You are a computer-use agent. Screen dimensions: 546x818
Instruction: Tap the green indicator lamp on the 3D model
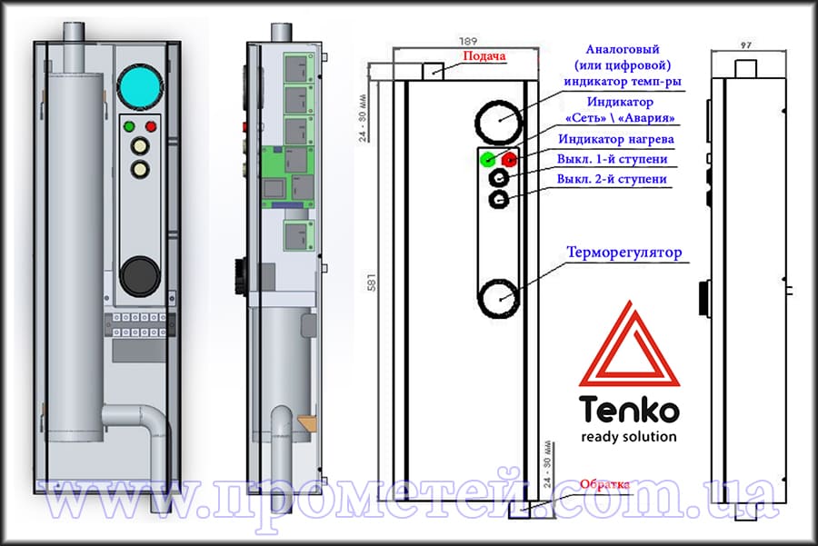click(x=130, y=126)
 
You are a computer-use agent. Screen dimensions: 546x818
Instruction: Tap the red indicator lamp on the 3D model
click(x=151, y=126)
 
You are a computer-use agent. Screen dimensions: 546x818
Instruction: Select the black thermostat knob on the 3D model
click(x=140, y=275)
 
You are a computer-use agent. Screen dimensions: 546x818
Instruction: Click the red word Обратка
click(x=604, y=484)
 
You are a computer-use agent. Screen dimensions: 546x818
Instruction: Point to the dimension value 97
click(x=747, y=44)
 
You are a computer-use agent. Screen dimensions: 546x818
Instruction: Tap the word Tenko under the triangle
click(x=628, y=410)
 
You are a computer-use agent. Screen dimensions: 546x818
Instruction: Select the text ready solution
click(x=628, y=436)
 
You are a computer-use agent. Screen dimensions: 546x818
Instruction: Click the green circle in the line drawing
click(x=486, y=160)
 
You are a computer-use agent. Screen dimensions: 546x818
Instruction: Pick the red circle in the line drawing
click(x=509, y=160)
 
